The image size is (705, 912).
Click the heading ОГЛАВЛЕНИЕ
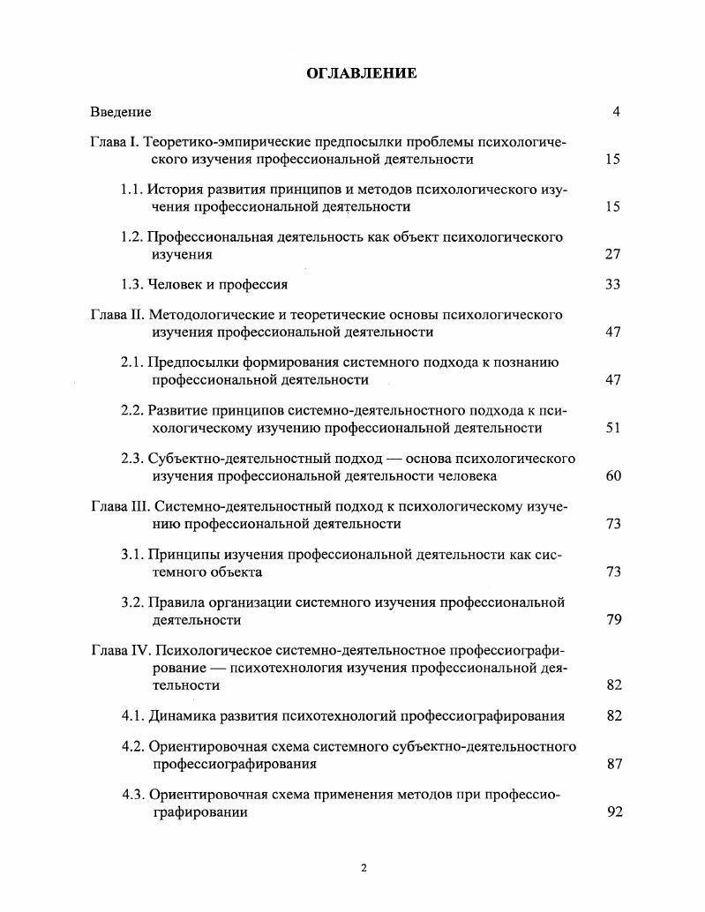[362, 73]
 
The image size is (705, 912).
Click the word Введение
[121, 112]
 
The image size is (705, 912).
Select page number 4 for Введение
[616, 112]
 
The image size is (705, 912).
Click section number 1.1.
[131, 189]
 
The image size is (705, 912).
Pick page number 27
[613, 255]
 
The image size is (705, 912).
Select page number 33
[613, 285]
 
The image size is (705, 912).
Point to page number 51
[613, 429]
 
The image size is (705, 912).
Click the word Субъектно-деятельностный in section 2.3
[226, 459]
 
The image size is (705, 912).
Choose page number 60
[613, 476]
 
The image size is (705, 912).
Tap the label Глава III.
[120, 506]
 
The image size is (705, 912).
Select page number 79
[613, 620]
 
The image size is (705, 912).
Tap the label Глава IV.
[121, 651]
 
